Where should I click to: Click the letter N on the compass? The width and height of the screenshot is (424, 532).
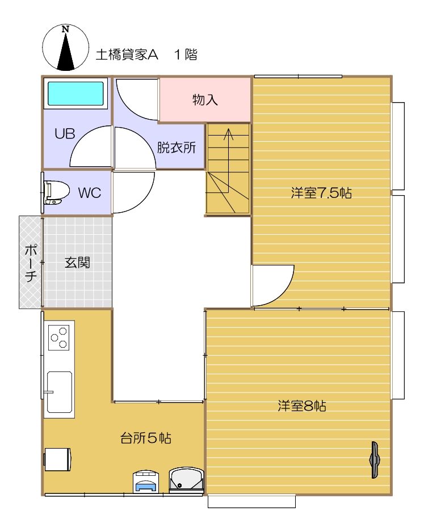click(x=65, y=29)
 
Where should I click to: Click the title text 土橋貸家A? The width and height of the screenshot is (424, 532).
click(x=127, y=54)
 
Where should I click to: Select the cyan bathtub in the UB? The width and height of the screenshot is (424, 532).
click(x=75, y=94)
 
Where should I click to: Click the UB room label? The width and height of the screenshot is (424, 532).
click(x=65, y=134)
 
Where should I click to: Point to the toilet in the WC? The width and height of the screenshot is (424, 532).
click(x=56, y=193)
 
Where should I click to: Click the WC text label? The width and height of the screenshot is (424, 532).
click(x=90, y=193)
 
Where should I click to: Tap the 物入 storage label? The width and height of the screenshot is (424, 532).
click(x=205, y=100)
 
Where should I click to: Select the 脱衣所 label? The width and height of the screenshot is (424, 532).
click(x=177, y=147)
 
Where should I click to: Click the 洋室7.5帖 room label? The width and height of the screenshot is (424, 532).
click(x=321, y=193)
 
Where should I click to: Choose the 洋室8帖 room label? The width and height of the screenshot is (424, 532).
click(x=302, y=406)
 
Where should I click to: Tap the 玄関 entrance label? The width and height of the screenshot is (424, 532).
click(x=77, y=262)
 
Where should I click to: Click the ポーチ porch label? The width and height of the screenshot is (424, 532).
click(x=31, y=263)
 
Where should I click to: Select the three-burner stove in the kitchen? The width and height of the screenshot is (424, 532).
click(x=58, y=337)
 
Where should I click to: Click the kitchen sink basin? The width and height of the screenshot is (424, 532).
click(x=60, y=392)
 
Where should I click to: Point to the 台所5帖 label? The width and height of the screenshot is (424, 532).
click(x=146, y=438)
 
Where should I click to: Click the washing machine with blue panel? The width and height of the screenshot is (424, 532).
click(x=146, y=481)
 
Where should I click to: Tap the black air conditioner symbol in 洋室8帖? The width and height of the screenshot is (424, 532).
click(x=375, y=460)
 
